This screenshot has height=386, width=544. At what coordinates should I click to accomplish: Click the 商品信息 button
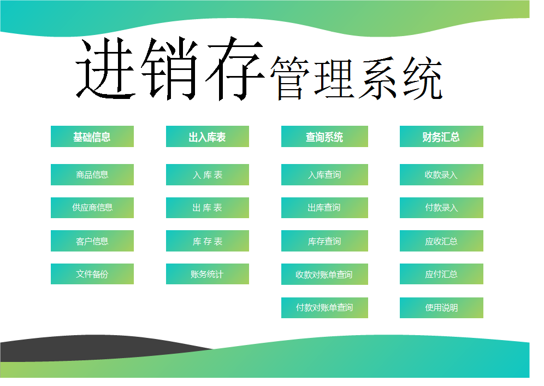click(92, 174)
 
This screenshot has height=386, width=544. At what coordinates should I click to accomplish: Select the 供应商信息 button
click(92, 208)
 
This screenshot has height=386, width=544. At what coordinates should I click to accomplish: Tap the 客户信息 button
click(92, 241)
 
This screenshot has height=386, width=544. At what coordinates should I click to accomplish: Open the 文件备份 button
click(92, 274)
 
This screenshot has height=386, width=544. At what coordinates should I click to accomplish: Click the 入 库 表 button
click(208, 174)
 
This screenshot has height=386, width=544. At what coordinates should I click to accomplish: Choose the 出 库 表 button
click(208, 208)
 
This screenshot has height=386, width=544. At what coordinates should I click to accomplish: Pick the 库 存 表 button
click(208, 241)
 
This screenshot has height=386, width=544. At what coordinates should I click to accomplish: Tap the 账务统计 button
click(208, 274)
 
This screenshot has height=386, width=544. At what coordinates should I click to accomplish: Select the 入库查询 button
click(325, 174)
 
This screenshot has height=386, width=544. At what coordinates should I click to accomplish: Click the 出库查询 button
click(325, 208)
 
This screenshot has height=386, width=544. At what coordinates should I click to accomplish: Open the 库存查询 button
click(325, 241)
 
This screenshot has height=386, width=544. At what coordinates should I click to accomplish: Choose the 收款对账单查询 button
click(325, 274)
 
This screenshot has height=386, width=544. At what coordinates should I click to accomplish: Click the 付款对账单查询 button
click(325, 307)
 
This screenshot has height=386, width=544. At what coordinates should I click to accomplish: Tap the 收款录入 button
click(441, 174)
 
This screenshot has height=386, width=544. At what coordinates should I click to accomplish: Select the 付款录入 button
click(441, 208)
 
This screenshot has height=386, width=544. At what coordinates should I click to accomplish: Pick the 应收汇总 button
click(441, 241)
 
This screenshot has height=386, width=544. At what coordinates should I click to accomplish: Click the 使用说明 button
click(441, 307)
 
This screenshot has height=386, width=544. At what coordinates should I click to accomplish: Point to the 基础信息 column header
click(92, 136)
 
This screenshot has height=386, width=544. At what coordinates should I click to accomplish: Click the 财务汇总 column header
click(441, 136)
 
